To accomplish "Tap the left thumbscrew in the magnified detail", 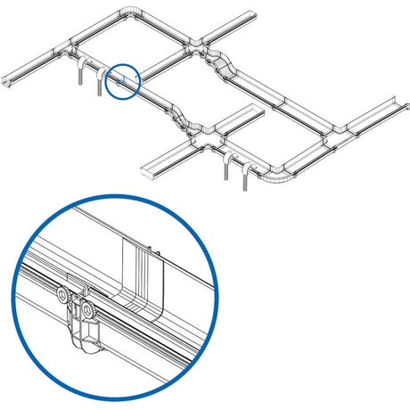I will click(x=61, y=297).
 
